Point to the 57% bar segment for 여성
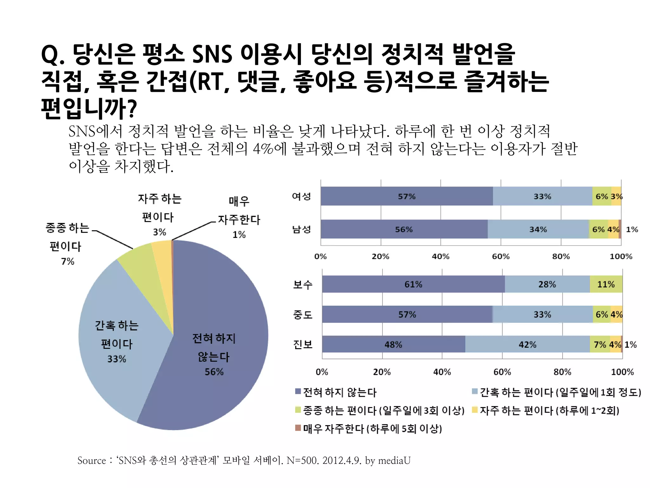[x=407, y=196]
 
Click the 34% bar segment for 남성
[x=538, y=229]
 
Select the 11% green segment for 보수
[x=606, y=284]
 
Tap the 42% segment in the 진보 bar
[x=527, y=344]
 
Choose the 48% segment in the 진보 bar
[x=393, y=344]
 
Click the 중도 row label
[x=302, y=315]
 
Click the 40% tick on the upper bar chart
[x=441, y=256]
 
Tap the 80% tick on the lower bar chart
[x=562, y=372]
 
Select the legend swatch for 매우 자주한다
[x=298, y=428]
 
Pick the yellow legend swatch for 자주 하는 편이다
[x=475, y=410]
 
